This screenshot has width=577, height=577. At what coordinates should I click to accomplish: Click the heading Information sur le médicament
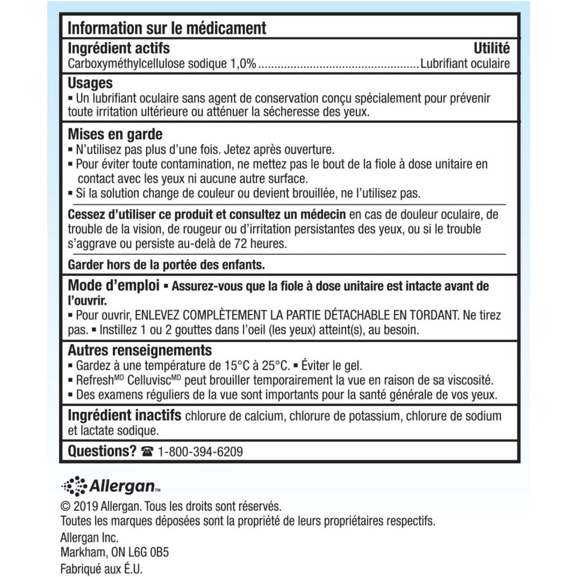tap(167, 28)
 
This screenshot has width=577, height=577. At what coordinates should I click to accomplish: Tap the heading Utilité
tap(491, 48)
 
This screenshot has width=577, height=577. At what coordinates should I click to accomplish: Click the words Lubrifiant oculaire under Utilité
tap(465, 64)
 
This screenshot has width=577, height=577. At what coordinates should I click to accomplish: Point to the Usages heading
tap(90, 83)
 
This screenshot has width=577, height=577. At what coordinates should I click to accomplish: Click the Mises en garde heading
tap(115, 135)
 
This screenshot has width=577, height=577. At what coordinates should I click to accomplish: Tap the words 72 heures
tap(268, 244)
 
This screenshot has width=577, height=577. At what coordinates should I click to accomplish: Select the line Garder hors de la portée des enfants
tap(166, 264)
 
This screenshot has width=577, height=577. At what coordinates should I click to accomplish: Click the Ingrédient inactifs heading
tap(124, 416)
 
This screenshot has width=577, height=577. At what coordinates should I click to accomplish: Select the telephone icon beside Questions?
tap(148, 452)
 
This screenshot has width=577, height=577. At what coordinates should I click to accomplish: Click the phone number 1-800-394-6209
tap(201, 452)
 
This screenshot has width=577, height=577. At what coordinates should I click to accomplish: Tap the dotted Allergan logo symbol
tap(74, 486)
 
